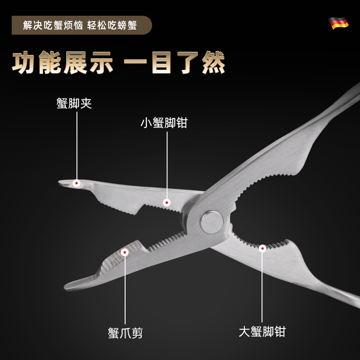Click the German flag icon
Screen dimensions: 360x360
click(338, 23)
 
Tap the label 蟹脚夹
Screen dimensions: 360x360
click(74, 104)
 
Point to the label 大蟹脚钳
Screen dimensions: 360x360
click(262, 332)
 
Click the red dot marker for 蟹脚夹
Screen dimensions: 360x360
click(77, 183)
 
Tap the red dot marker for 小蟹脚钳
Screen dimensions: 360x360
click(167, 203)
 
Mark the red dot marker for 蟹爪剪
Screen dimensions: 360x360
click(125, 252)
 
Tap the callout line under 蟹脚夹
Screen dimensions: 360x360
click(77, 144)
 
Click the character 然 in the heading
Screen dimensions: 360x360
click(213, 63)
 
